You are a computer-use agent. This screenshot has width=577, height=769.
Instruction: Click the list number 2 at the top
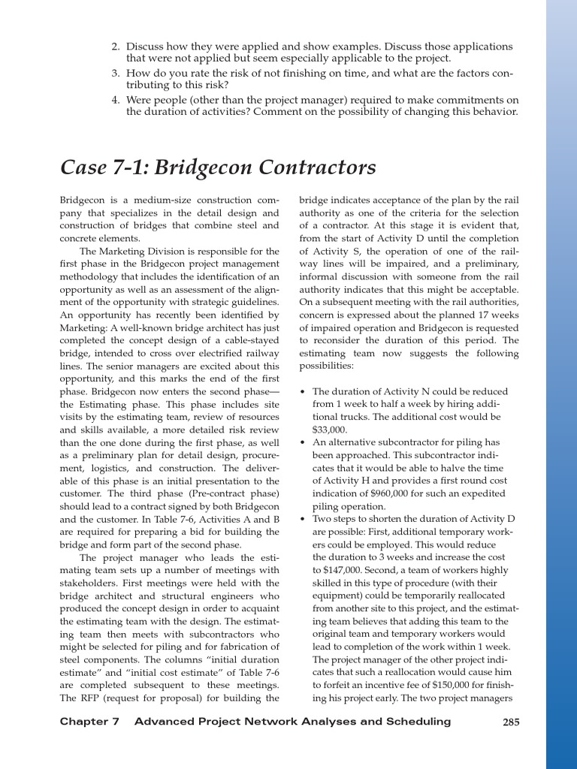tap(116, 47)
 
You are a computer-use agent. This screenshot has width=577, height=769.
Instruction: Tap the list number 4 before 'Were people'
tap(116, 100)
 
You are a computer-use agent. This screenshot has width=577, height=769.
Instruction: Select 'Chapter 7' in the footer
tap(89, 722)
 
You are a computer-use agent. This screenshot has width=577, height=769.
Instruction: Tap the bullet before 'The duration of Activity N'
tap(302, 392)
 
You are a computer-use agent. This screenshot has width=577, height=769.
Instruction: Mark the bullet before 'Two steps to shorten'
tap(302, 519)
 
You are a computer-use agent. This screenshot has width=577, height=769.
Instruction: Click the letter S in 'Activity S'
tap(352, 251)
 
